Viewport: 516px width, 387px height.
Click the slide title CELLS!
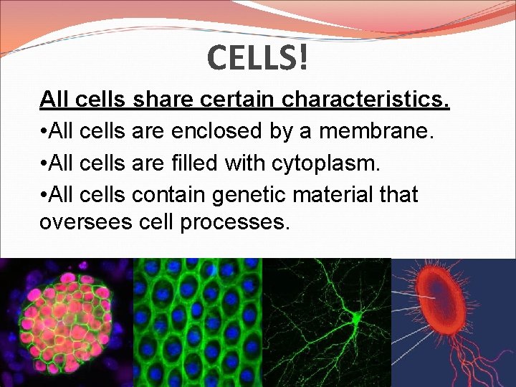(x=259, y=57)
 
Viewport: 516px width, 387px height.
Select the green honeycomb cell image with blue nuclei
(x=198, y=322)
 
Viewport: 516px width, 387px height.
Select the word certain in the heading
(x=236, y=100)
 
